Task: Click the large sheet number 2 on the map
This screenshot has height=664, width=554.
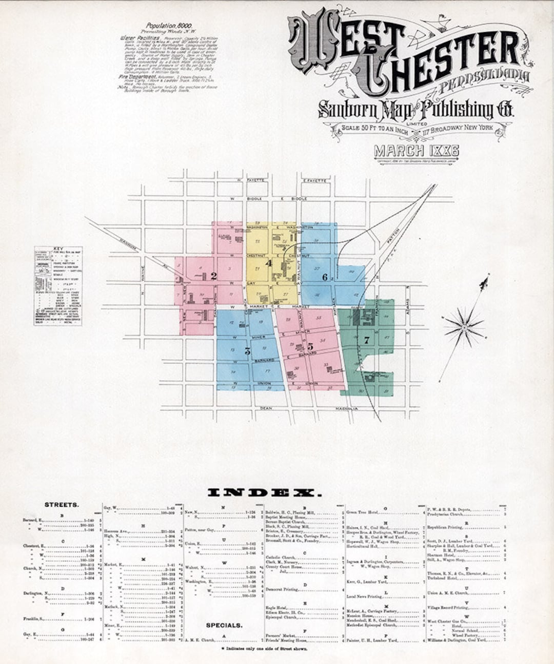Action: pyautogui.click(x=214, y=276)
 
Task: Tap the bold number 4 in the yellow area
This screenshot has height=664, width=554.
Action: pyautogui.click(x=268, y=263)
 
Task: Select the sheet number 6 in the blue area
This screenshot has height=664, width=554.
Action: pyautogui.click(x=325, y=277)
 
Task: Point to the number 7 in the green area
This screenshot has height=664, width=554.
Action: pyautogui.click(x=366, y=340)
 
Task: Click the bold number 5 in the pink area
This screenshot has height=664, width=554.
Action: pyautogui.click(x=310, y=346)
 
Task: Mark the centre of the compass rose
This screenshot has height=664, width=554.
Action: pyautogui.click(x=464, y=326)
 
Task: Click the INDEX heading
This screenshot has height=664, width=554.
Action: pyautogui.click(x=265, y=493)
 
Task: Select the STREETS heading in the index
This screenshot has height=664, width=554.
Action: pyautogui.click(x=62, y=505)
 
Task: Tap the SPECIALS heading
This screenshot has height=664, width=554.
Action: pyautogui.click(x=224, y=626)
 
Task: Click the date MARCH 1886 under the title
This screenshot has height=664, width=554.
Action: pyautogui.click(x=416, y=151)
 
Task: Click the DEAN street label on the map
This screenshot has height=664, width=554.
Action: pyautogui.click(x=265, y=408)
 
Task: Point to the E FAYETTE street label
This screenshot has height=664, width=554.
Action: pyautogui.click(x=314, y=180)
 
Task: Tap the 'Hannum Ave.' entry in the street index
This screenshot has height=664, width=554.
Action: pyautogui.click(x=116, y=531)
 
